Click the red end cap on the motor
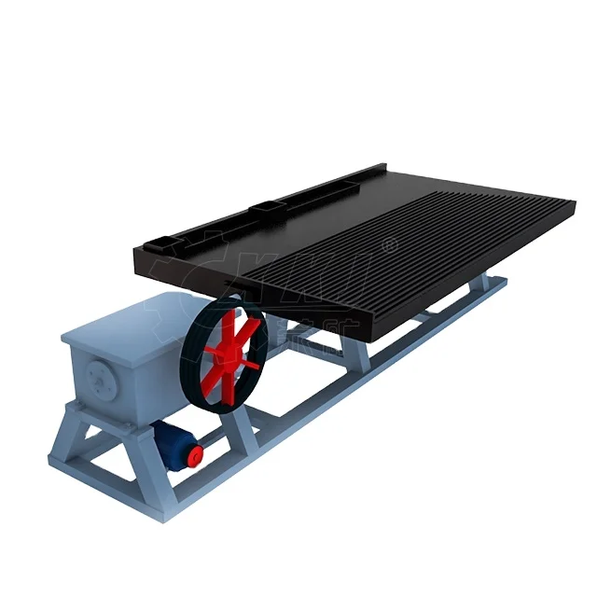click(195, 454)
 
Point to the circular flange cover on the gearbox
click(99, 377)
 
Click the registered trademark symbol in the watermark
click(390, 244)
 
